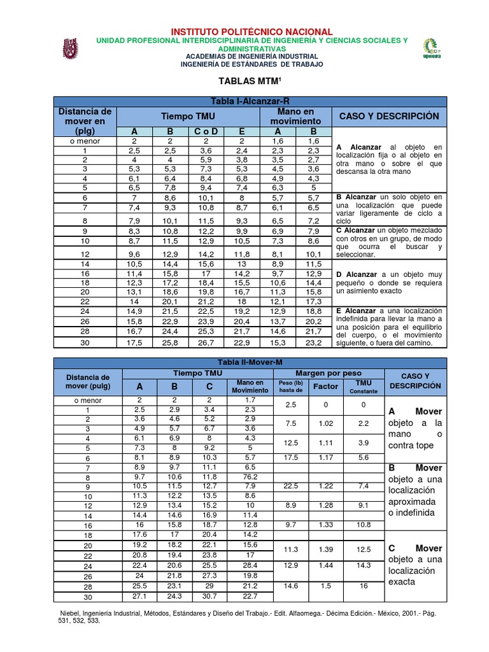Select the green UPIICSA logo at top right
pyautogui.click(x=432, y=48)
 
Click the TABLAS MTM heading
pyautogui.click(x=243, y=81)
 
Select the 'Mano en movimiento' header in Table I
pyautogui.click(x=295, y=116)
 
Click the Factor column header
pyautogui.click(x=325, y=386)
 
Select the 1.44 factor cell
pyautogui.click(x=325, y=565)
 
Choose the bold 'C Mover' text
pyautogui.click(x=415, y=548)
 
